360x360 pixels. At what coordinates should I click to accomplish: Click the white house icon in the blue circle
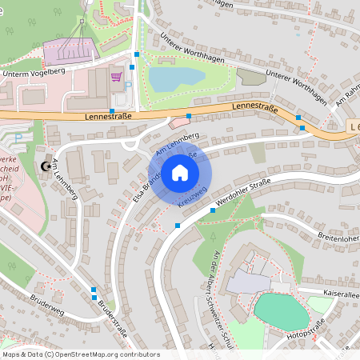pos(180,172)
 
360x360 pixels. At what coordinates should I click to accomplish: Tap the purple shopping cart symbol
pos(116,77)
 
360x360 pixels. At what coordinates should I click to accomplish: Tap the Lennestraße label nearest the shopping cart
pos(106,115)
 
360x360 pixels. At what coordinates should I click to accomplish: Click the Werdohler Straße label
pos(243,191)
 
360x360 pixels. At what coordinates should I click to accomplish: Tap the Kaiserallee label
pos(340,294)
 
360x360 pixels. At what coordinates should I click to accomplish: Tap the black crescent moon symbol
pos(43,166)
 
